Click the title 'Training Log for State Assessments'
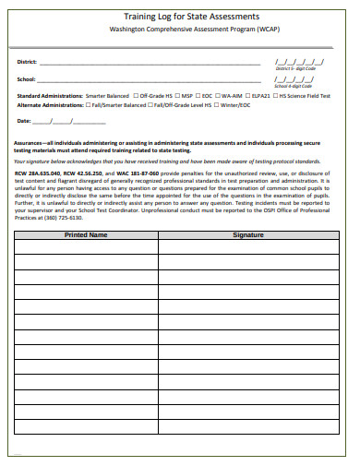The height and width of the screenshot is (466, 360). tap(192, 17)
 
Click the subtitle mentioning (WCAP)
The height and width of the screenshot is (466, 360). tap(191, 30)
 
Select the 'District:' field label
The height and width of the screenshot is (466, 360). tap(27, 62)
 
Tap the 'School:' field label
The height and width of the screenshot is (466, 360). tap(26, 79)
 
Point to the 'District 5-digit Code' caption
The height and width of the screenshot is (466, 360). tap(295, 69)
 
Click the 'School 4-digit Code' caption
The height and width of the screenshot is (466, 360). tap(295, 86)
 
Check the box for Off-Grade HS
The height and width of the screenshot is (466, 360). tap(135, 95)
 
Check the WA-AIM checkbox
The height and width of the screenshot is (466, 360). tap(220, 95)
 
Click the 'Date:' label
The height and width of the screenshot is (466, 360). tap(24, 121)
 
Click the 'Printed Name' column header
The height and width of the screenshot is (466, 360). tap(85, 235)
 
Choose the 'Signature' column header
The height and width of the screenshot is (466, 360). tap(248, 235)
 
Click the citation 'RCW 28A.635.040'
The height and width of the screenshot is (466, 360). tap(38, 173)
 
